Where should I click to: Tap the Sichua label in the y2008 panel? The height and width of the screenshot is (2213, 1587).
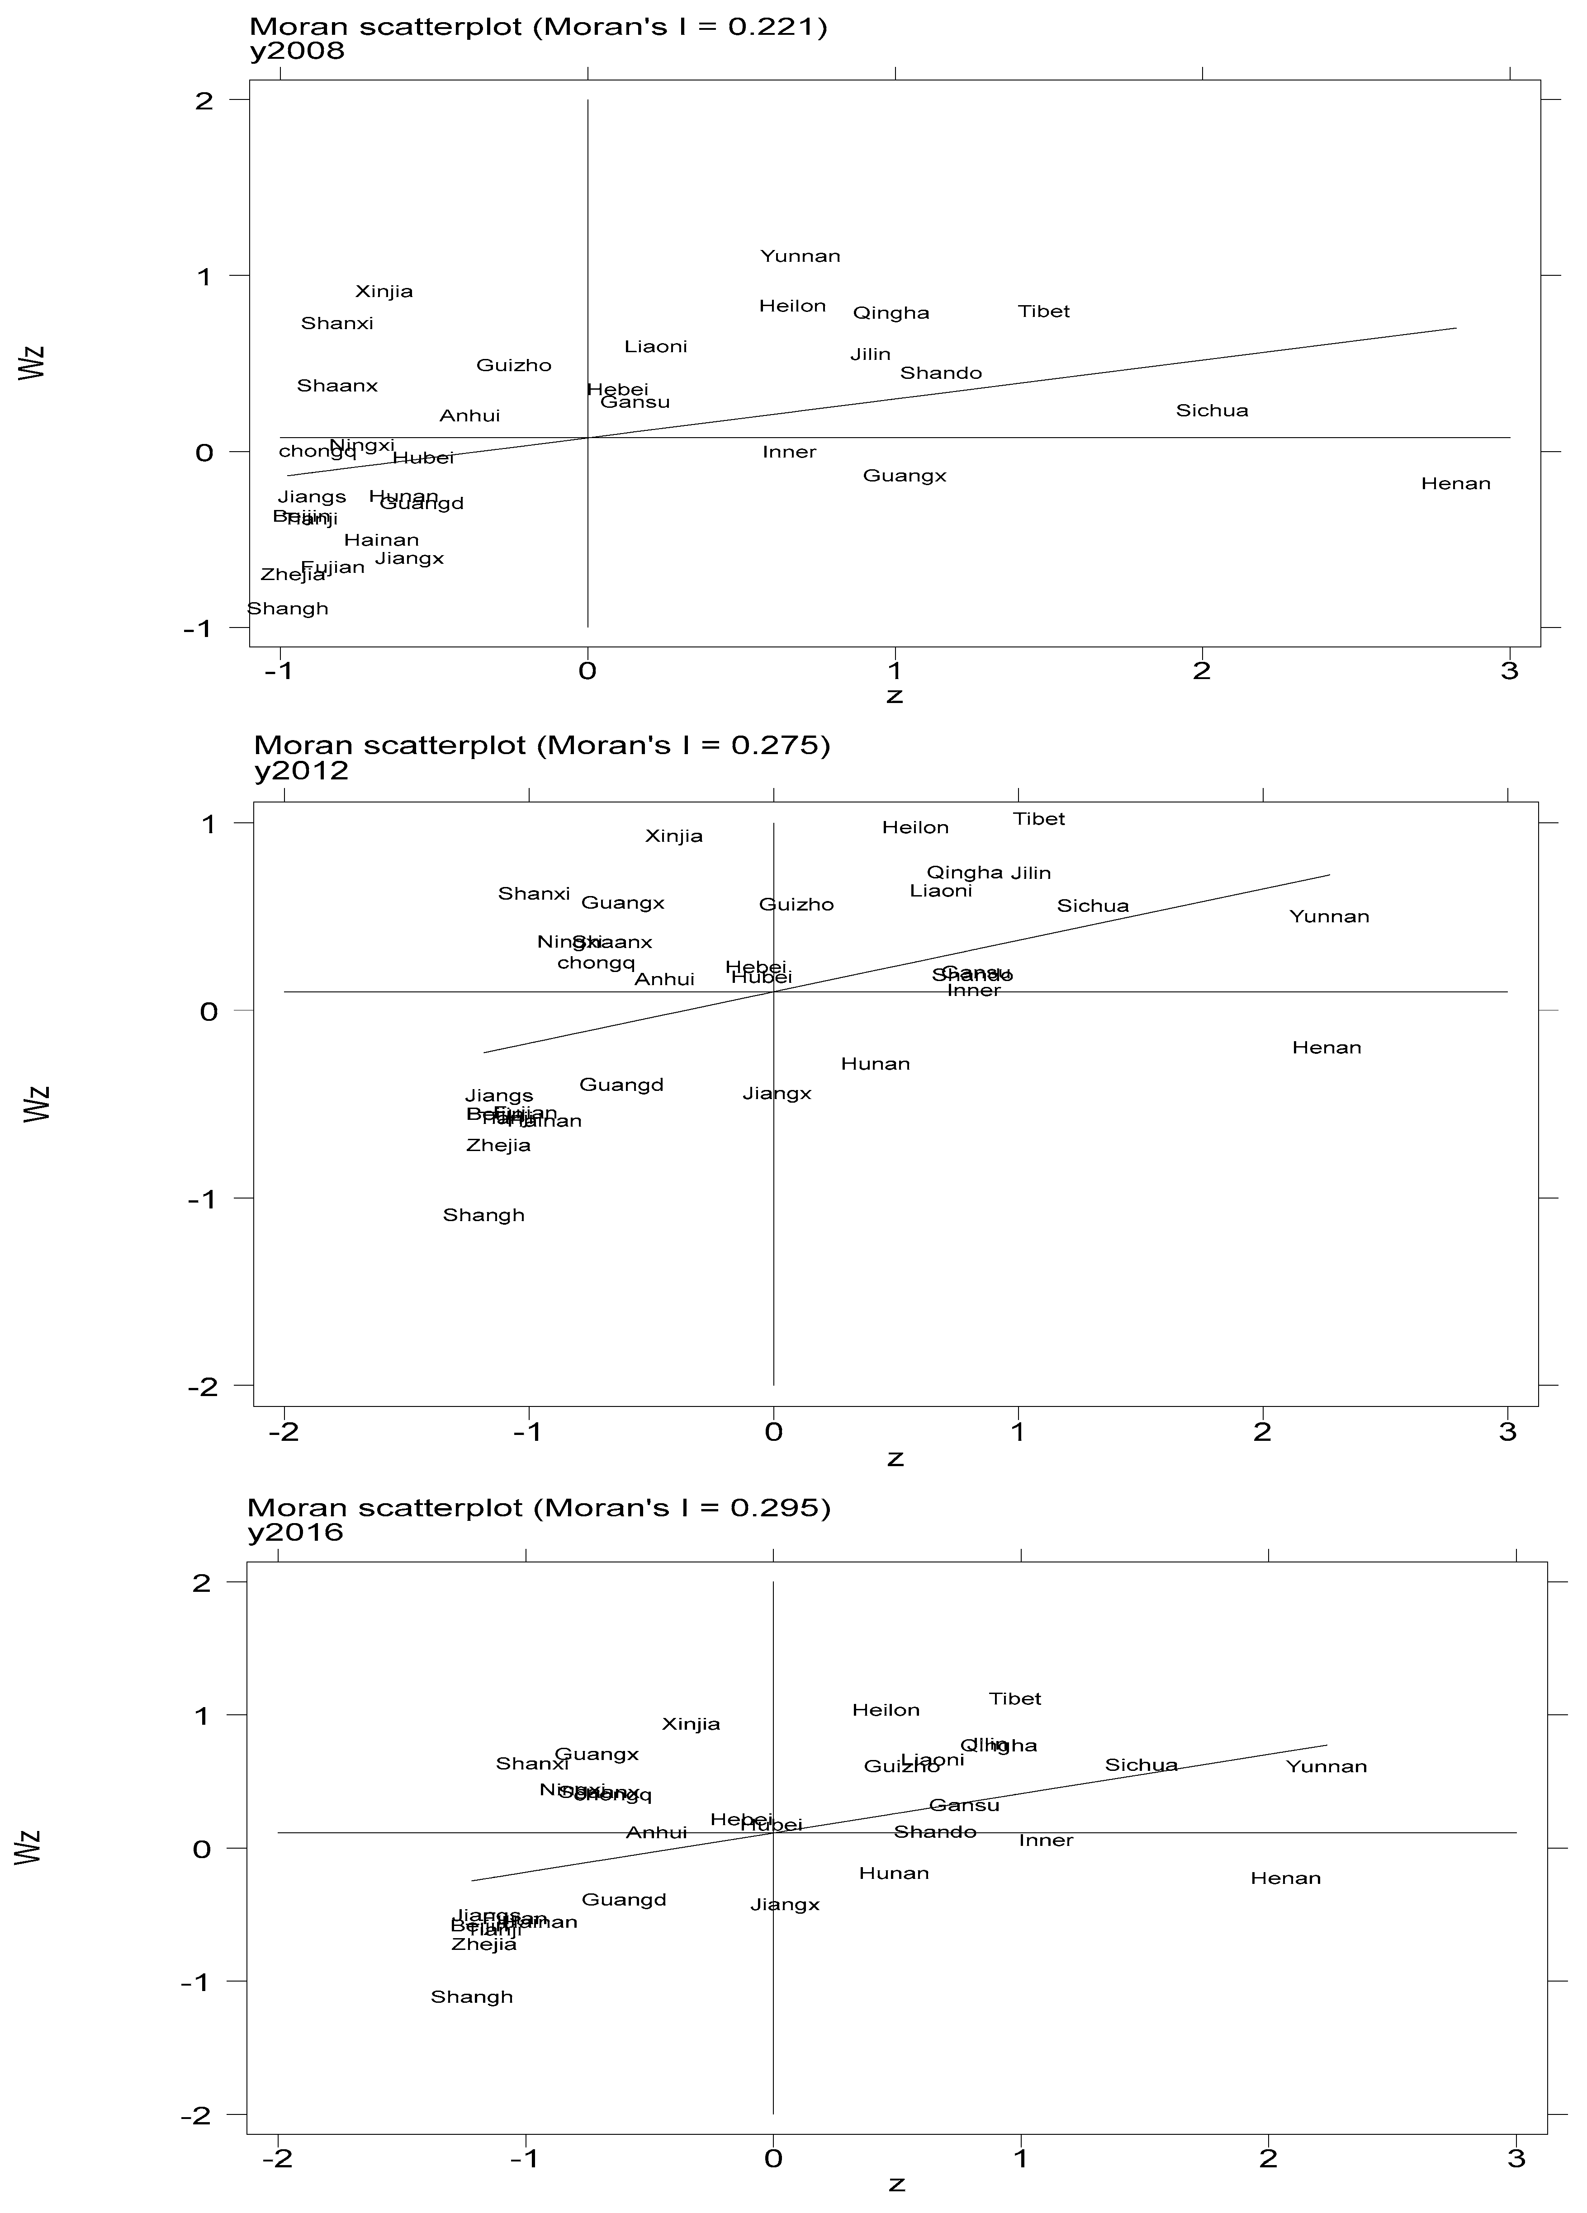click(x=1211, y=411)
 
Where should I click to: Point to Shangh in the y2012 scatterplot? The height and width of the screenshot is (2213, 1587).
click(x=483, y=1215)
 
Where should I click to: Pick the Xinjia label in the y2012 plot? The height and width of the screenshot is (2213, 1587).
click(x=673, y=836)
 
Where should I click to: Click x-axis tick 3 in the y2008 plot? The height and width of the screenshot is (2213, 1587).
click(x=1509, y=671)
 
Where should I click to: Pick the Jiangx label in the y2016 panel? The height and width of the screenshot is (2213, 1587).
click(x=785, y=1905)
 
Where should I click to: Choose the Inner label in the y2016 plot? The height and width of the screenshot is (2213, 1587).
click(x=1045, y=1840)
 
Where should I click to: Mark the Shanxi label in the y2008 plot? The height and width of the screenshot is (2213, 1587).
click(x=337, y=324)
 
